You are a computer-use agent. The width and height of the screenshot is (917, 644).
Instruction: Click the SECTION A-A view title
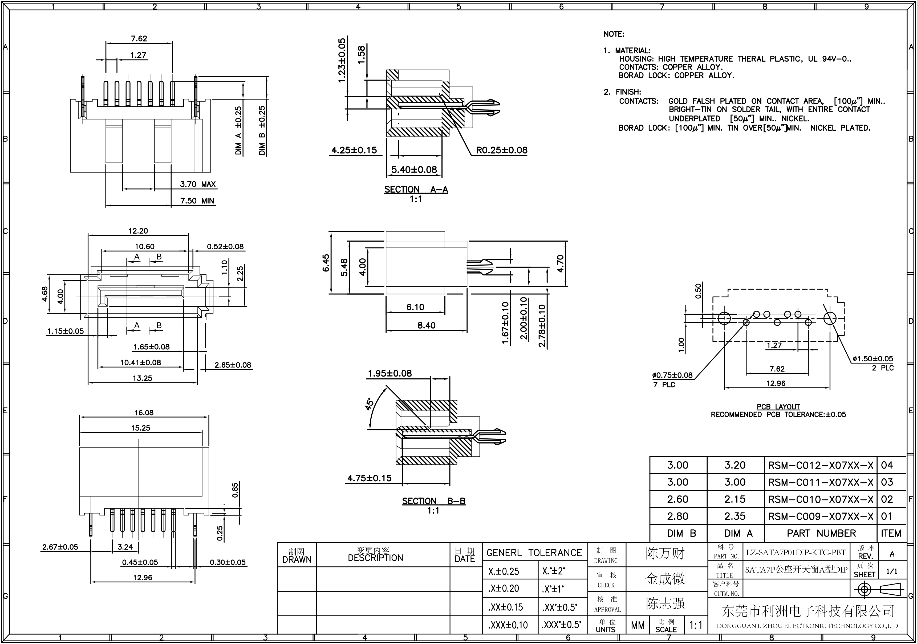[416, 190]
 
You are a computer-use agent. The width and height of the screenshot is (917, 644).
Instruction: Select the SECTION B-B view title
[433, 501]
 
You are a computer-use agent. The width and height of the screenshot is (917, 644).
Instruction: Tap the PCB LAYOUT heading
[778, 407]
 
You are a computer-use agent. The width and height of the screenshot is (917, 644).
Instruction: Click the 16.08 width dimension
[144, 413]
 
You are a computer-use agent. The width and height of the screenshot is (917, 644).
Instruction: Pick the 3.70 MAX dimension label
[197, 184]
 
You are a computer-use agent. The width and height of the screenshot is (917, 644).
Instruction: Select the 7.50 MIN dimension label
[197, 201]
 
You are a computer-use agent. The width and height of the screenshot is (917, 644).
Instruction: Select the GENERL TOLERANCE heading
[534, 553]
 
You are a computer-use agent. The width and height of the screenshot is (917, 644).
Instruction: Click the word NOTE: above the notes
[614, 34]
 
